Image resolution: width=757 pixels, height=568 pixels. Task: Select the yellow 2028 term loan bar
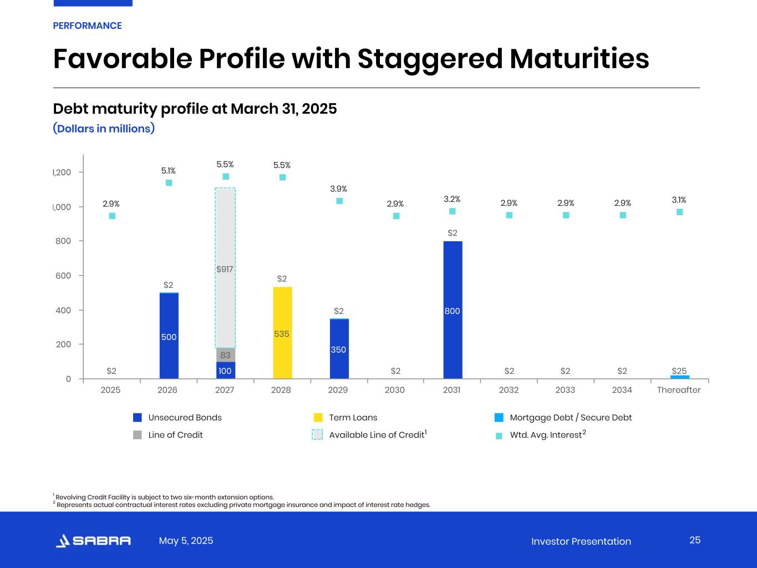pyautogui.click(x=282, y=333)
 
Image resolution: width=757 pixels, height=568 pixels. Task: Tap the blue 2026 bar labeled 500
pyautogui.click(x=169, y=336)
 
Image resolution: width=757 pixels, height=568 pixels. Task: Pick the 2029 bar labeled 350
pyautogui.click(x=339, y=348)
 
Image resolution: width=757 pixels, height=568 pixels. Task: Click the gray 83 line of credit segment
pyautogui.click(x=225, y=355)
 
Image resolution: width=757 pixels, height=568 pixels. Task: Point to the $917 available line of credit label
pyautogui.click(x=225, y=270)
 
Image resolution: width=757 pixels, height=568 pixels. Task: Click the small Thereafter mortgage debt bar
pyautogui.click(x=679, y=377)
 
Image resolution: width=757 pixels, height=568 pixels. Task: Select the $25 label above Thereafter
pyautogui.click(x=679, y=371)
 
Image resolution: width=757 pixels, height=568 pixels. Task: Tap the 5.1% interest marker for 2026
pyautogui.click(x=169, y=182)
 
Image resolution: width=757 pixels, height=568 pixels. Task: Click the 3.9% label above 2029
pyautogui.click(x=338, y=189)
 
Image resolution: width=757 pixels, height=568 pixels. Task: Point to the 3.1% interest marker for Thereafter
pyautogui.click(x=679, y=212)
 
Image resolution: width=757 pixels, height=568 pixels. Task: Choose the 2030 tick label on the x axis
pyautogui.click(x=395, y=390)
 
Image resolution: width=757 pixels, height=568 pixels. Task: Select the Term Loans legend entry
pyautogui.click(x=353, y=418)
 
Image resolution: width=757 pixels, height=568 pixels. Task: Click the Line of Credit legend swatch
pyautogui.click(x=138, y=435)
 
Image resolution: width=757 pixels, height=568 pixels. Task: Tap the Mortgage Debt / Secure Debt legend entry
pyautogui.click(x=570, y=418)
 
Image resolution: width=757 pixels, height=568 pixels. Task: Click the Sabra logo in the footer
pyautogui.click(x=93, y=541)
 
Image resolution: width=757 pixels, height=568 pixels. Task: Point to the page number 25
pyautogui.click(x=695, y=540)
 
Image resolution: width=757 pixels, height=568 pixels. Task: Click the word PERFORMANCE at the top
pyautogui.click(x=87, y=26)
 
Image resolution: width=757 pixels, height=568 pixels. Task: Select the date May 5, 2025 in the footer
pyautogui.click(x=186, y=541)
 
